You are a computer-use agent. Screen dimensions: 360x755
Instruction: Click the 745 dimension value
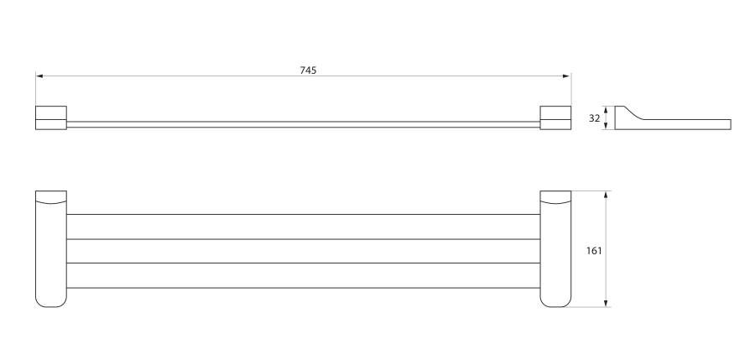point(308,70)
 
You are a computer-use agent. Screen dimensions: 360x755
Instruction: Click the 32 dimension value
point(594,118)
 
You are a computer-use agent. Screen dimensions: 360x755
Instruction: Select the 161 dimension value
point(594,250)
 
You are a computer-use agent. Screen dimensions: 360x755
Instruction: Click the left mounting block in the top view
point(50,119)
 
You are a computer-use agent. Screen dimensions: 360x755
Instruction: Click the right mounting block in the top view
point(555,119)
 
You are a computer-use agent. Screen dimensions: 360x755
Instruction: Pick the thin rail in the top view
point(302,124)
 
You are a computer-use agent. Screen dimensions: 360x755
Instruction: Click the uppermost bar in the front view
point(302,227)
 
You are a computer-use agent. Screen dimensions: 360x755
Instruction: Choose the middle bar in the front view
point(302,251)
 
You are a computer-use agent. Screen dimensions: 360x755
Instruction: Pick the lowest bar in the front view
point(302,275)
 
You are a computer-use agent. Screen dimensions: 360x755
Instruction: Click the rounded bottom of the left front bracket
point(50,300)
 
